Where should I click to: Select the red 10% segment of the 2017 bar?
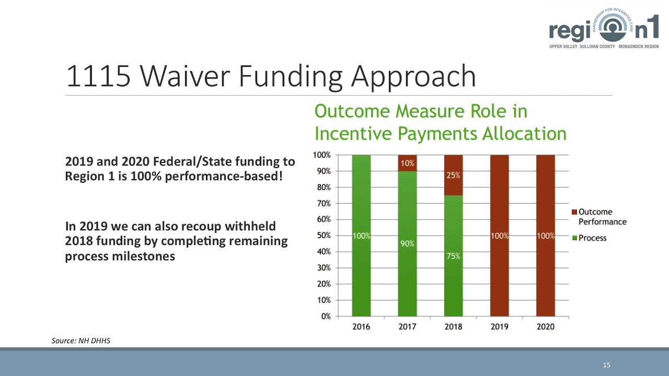coord(407,163)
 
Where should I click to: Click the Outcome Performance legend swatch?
coord(574,212)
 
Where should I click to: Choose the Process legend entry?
coord(592,238)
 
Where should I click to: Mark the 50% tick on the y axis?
coord(322,236)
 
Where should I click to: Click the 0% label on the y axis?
coord(325,316)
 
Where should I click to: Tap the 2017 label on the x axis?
coord(407,327)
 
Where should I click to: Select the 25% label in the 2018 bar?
coord(453,175)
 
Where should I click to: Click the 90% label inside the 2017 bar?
coord(407,244)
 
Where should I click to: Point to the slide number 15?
coord(606,365)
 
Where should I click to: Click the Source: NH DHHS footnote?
coord(80,341)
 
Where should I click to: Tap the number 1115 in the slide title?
coord(98,77)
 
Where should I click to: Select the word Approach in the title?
coord(413,77)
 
